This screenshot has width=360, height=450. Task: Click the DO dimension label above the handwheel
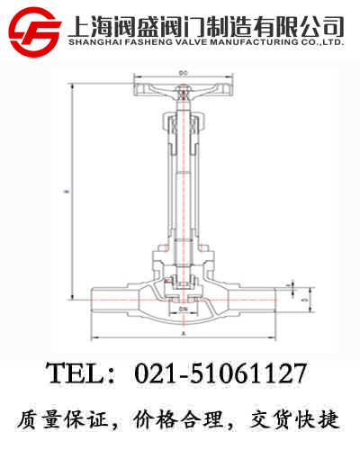(184, 71)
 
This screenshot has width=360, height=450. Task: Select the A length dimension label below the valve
(184, 333)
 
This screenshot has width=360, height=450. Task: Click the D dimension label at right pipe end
(303, 296)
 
